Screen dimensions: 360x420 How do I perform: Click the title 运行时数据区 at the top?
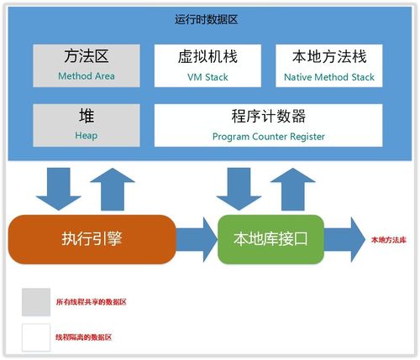tap(211, 18)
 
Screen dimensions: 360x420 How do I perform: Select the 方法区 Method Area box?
tap(87, 65)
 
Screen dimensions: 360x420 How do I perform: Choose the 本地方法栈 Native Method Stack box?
tap(329, 65)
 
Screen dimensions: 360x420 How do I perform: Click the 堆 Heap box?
tap(87, 123)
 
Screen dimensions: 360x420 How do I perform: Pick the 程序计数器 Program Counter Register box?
tap(267, 123)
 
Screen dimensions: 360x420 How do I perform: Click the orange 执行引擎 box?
tap(92, 238)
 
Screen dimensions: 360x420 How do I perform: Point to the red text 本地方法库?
tap(389, 240)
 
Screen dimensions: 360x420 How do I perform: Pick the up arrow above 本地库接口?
tap(293, 186)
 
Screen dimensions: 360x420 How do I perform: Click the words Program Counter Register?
tap(267, 136)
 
